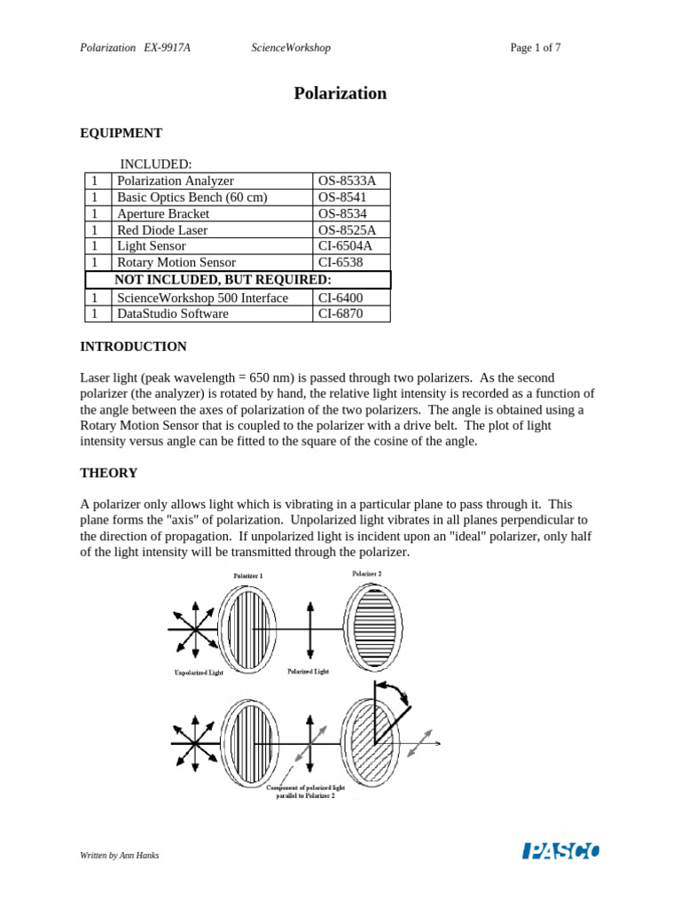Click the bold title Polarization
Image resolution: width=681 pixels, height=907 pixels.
click(x=340, y=93)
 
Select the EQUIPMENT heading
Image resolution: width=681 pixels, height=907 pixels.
click(x=121, y=133)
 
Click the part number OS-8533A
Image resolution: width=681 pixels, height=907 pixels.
click(x=347, y=181)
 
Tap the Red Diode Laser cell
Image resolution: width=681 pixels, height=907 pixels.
click(x=162, y=230)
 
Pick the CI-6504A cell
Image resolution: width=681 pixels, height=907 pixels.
click(x=345, y=246)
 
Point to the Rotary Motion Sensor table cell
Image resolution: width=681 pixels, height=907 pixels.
click(x=176, y=262)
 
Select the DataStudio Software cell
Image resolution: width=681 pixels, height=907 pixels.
click(x=173, y=314)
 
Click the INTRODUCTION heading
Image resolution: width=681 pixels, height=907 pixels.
click(x=134, y=346)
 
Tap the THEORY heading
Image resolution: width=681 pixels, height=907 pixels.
click(x=109, y=473)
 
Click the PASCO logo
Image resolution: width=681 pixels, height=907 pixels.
click(x=560, y=851)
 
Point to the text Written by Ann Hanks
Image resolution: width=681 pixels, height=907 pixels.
click(x=120, y=856)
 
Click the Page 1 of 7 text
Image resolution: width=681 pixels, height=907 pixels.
click(x=536, y=48)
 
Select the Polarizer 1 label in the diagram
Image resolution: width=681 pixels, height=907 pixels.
click(x=247, y=576)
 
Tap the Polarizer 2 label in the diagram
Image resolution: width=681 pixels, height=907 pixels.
click(x=366, y=574)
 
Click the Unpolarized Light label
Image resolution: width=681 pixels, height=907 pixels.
click(x=199, y=674)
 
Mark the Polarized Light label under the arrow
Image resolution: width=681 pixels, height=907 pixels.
click(x=308, y=671)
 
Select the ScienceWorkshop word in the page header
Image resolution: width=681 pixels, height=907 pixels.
click(x=291, y=48)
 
